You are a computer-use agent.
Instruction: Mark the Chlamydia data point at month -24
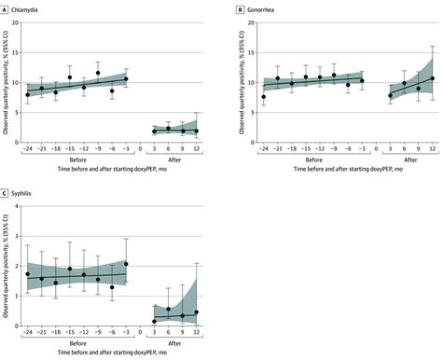[x=28, y=94]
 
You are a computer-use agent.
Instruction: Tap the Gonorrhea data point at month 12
[x=433, y=78]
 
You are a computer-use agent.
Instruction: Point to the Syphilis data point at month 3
[x=154, y=321]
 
